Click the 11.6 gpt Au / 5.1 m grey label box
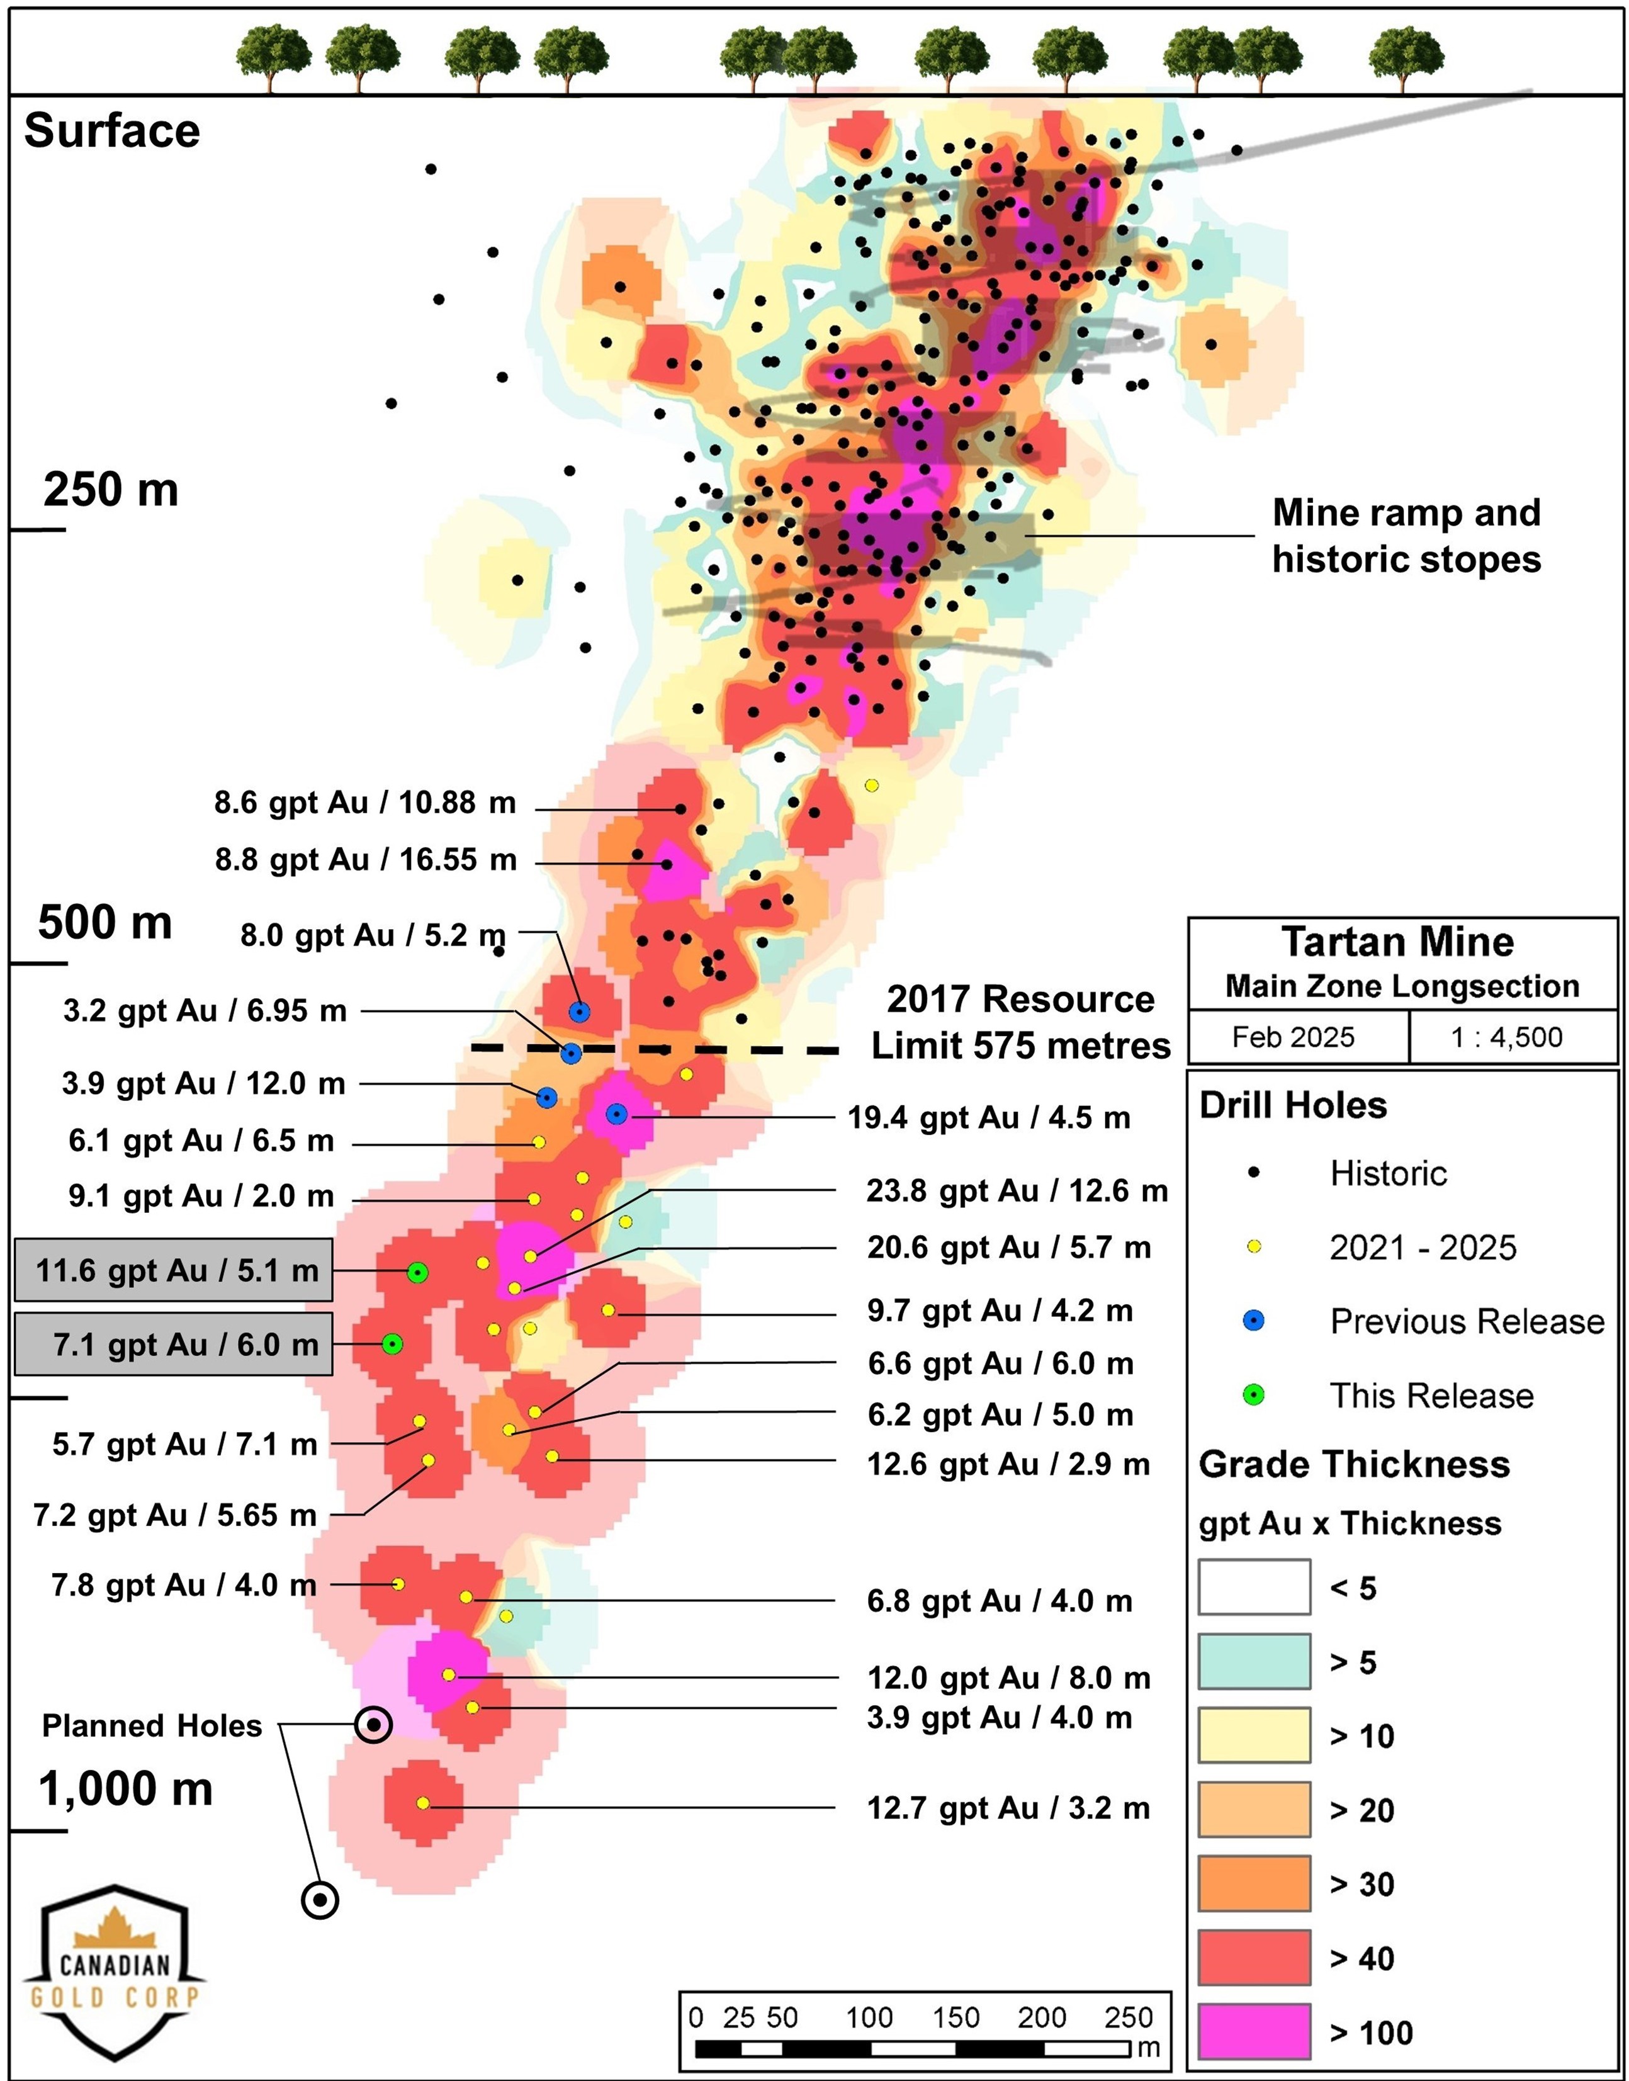click(x=174, y=1270)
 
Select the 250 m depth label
click(x=111, y=490)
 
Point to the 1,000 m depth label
click(x=125, y=1788)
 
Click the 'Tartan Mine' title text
click(x=1397, y=942)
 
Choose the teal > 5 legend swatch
click(x=1254, y=1661)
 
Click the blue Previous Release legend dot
click(x=1254, y=1321)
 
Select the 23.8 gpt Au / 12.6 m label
click(x=1017, y=1190)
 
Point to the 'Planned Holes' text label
click(x=152, y=1726)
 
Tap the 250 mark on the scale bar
click(x=1129, y=2017)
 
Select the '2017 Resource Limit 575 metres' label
click(x=1020, y=1022)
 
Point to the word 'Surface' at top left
click(x=111, y=131)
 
